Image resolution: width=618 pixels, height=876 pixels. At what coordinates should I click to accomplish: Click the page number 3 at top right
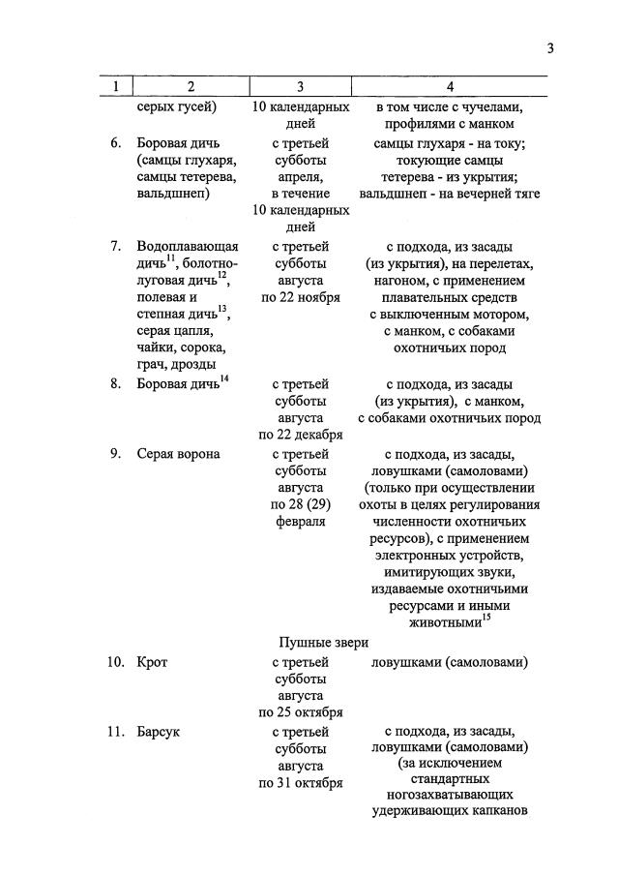click(550, 48)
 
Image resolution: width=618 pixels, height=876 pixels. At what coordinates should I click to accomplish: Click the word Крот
click(153, 662)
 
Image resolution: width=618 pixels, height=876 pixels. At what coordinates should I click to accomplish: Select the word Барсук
click(159, 732)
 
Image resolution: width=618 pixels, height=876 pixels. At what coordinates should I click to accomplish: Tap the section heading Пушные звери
click(323, 641)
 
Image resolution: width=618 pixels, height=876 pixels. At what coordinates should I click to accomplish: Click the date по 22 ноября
click(300, 297)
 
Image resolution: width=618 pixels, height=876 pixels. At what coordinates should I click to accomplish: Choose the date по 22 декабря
click(300, 435)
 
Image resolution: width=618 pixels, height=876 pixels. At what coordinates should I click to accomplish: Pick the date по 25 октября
click(300, 713)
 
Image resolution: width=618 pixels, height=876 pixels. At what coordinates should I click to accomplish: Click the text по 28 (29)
click(300, 504)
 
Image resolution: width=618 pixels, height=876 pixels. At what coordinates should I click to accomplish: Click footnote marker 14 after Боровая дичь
click(224, 378)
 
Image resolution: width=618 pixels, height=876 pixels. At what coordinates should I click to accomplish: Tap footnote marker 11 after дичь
click(170, 257)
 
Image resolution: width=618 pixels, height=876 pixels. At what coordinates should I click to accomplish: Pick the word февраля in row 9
click(300, 522)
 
